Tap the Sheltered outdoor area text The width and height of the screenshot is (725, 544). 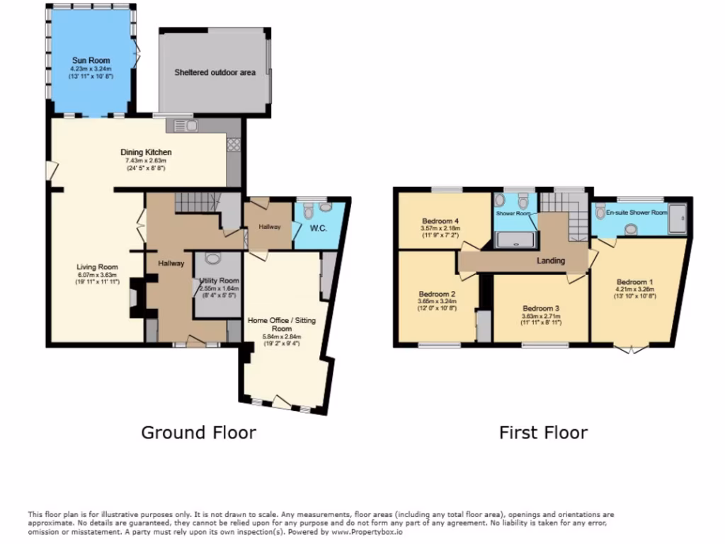(215, 72)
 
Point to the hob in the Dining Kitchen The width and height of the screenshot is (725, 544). (233, 143)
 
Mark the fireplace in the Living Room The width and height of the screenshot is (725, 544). (135, 293)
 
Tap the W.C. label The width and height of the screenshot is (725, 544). (316, 227)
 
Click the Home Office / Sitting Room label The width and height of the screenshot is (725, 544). (282, 324)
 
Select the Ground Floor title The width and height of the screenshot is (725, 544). (198, 432)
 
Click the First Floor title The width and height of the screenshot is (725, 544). (543, 432)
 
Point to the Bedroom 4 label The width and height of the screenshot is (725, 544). (441, 220)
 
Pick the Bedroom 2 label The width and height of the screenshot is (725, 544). (436, 294)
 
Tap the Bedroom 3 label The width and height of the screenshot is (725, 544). (541, 308)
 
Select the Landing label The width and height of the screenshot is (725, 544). (551, 261)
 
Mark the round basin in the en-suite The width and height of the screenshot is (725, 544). (631, 229)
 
